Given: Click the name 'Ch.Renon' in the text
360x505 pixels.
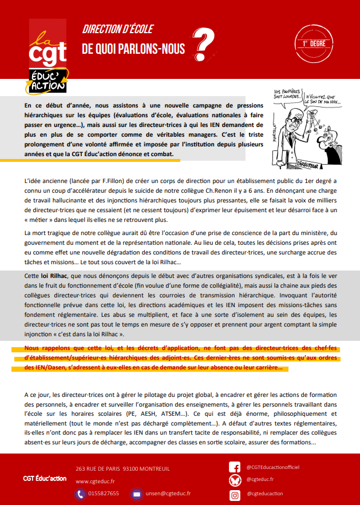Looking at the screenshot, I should coord(220,191).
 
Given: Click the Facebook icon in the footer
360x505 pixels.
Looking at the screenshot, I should coord(234,467).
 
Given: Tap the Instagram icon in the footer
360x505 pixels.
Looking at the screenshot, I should coord(234,494).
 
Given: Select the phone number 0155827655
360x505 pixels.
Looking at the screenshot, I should coord(104,493).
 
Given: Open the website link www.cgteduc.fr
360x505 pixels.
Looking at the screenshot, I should coord(95,481).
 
